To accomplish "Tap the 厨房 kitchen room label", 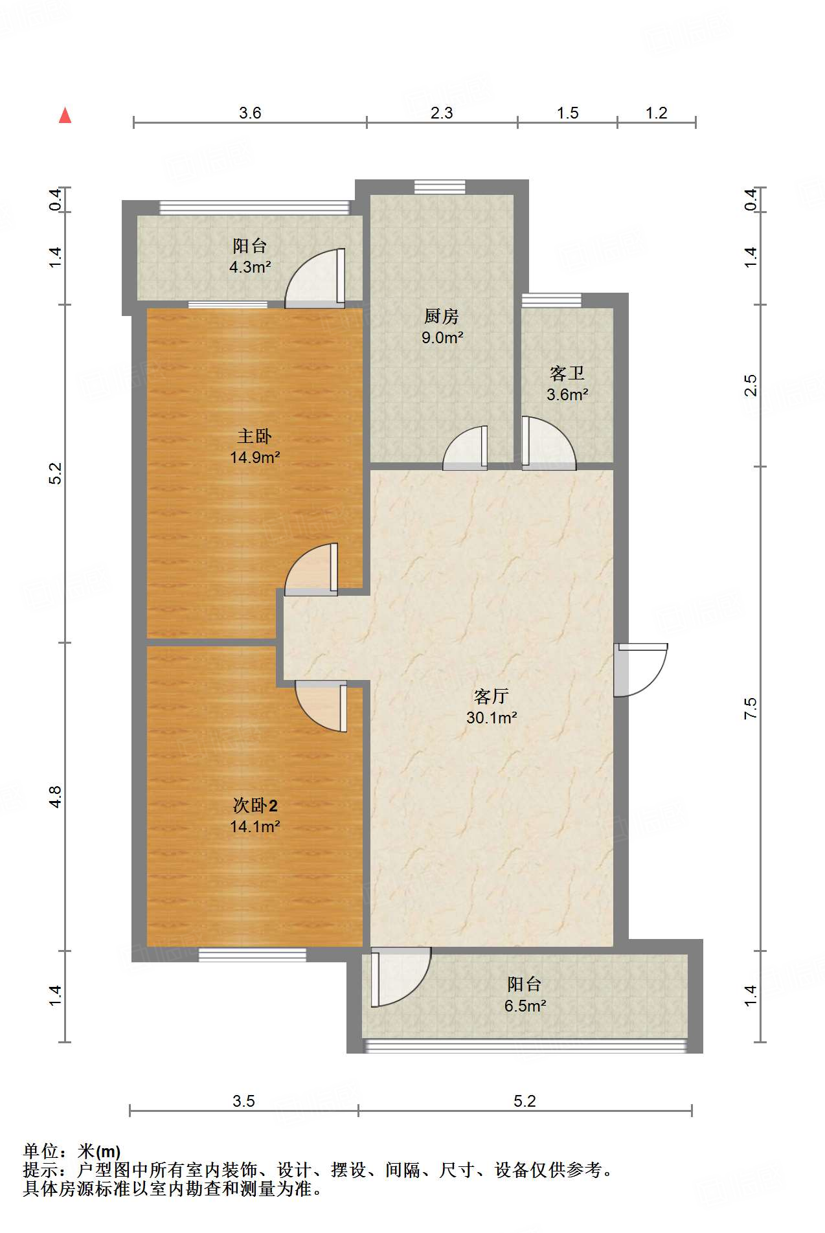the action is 442,316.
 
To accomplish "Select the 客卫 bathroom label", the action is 567,373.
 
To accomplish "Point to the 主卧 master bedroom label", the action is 254,436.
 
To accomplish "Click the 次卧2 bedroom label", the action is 255,805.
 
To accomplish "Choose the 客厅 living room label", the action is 492,696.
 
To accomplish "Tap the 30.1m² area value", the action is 492,718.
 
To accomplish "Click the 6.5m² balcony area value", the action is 525,1006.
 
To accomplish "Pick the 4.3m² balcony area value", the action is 250,267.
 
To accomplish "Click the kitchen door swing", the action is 465,447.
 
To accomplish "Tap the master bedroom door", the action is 311,569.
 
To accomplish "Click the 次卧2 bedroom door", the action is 321,706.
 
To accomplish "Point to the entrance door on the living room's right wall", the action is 640,670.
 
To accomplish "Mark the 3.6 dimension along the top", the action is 250,113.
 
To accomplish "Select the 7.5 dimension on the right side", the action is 751,708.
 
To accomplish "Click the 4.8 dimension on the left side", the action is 56,796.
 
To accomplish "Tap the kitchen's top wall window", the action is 440,187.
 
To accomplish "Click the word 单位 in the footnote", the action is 41,1151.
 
